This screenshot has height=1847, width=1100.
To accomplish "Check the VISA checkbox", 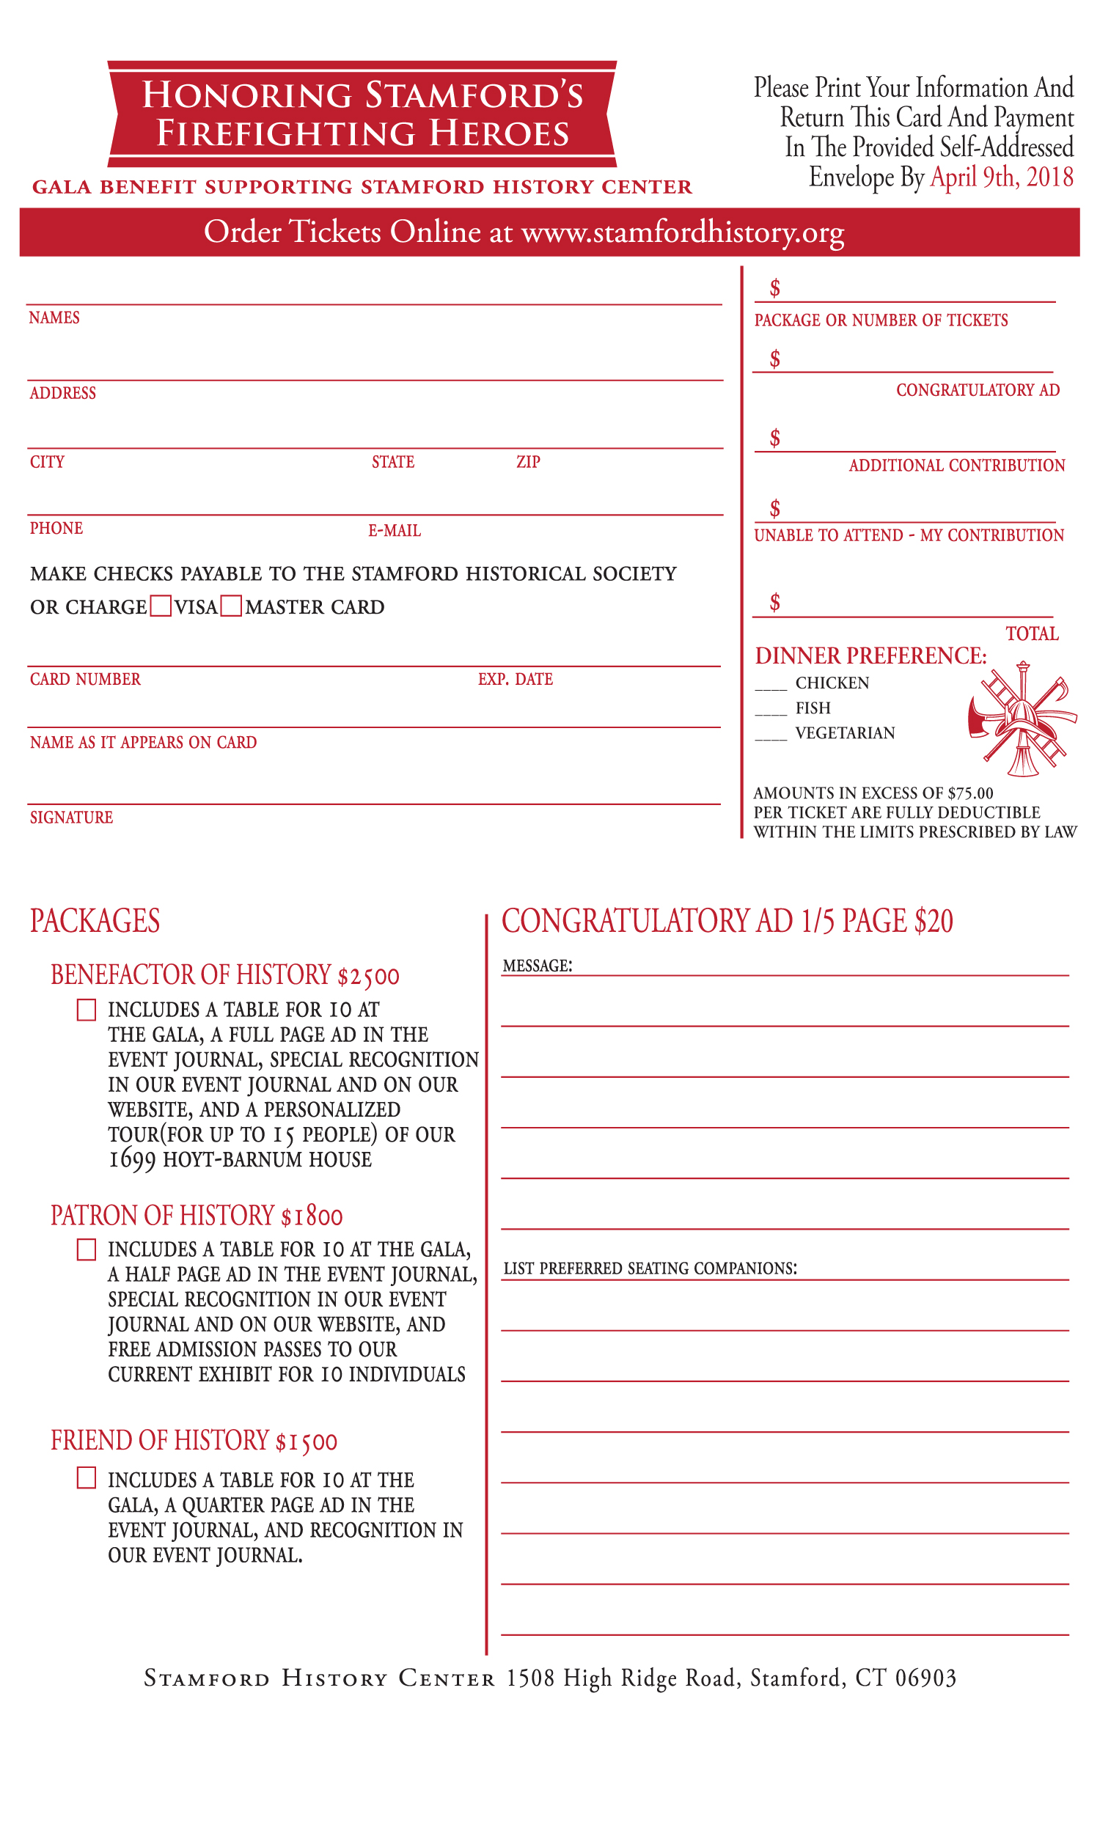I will point(161,606).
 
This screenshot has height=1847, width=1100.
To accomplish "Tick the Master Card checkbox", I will point(231,606).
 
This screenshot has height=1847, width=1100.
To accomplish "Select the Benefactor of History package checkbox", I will point(87,1010).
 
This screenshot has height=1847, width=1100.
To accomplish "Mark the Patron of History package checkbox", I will point(87,1249).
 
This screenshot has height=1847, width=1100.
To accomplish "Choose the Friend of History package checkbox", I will point(87,1478).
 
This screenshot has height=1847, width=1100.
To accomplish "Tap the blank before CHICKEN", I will point(771,684).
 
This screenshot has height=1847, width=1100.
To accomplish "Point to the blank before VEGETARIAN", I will point(771,735).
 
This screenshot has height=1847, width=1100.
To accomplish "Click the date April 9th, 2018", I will point(1002,177).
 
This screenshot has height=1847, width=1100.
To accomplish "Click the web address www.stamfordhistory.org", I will point(683,232).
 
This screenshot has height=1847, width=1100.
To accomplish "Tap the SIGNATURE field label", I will point(71,818).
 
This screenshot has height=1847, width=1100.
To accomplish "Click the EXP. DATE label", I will point(515,679).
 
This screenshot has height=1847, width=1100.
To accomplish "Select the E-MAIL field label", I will point(395,531).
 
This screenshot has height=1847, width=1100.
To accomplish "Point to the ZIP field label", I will point(528,462).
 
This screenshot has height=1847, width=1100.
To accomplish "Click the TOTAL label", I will point(1032,634).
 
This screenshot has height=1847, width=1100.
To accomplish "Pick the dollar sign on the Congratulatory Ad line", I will point(774,359).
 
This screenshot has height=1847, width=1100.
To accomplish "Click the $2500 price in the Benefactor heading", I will point(368,976).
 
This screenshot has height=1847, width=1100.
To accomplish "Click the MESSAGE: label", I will point(538,966).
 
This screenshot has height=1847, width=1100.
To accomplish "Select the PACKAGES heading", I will point(95,921).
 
